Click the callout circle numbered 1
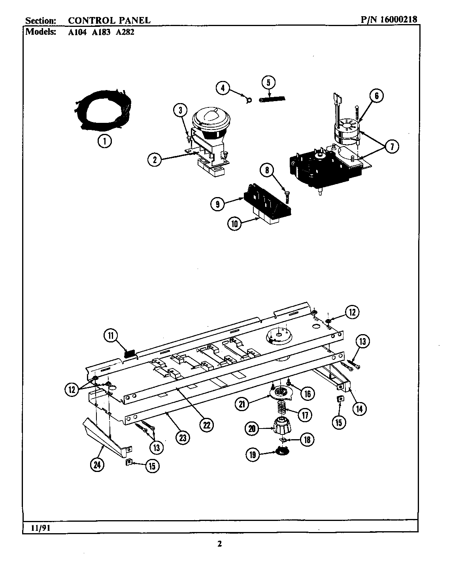pyautogui.click(x=105, y=141)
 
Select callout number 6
pyautogui.click(x=376, y=96)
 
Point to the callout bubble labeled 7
pyautogui.click(x=392, y=147)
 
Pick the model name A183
pyautogui.click(x=101, y=32)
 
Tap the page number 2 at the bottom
pyautogui.click(x=220, y=544)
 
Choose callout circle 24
pyautogui.click(x=97, y=465)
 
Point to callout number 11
pyautogui.click(x=111, y=336)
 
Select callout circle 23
pyautogui.click(x=183, y=438)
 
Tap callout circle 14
pyautogui.click(x=359, y=408)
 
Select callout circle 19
pyautogui.click(x=252, y=455)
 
